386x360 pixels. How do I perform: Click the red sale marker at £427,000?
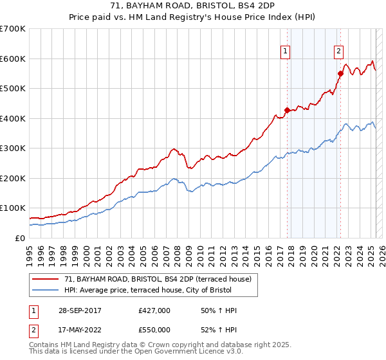(x=287, y=110)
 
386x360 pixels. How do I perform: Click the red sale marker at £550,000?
(x=340, y=73)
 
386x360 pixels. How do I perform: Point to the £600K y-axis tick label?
(x=13, y=59)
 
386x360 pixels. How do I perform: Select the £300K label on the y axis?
(x=13, y=148)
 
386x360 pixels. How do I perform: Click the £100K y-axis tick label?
(x=13, y=208)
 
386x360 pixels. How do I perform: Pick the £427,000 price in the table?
(x=154, y=310)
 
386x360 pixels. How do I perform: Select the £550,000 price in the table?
(x=154, y=329)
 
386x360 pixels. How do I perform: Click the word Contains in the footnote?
(x=44, y=345)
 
